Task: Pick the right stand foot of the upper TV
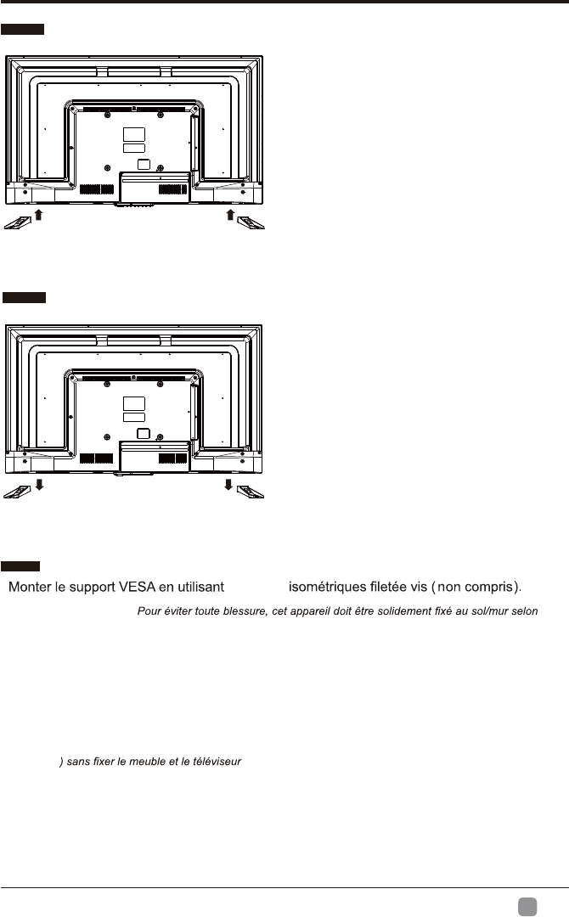[251, 222]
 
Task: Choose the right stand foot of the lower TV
[251, 492]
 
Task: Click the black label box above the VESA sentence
[19, 565]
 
